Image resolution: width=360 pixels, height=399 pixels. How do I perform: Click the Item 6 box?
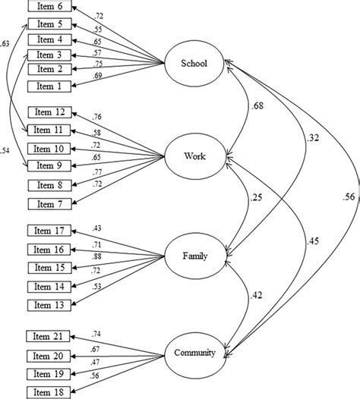pyautogui.click(x=49, y=8)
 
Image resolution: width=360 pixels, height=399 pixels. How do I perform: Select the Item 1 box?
pyautogui.click(x=49, y=86)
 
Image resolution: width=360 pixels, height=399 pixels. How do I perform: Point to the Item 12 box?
pyautogui.click(x=49, y=113)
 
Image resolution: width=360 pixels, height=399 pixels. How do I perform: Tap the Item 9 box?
pyautogui.click(x=49, y=165)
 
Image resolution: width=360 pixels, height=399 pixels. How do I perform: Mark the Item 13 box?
pyautogui.click(x=49, y=304)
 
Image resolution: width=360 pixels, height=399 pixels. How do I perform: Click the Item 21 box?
pyautogui.click(x=49, y=337)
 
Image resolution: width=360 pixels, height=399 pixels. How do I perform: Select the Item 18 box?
pyautogui.click(x=49, y=391)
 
